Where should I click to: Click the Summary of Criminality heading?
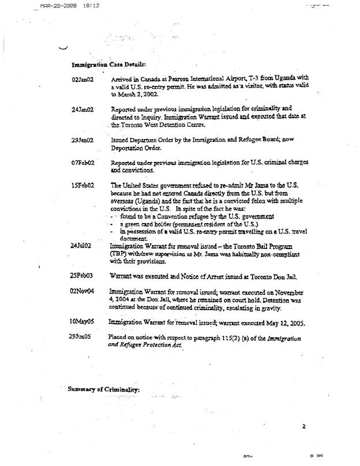104,389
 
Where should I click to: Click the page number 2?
302,427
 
